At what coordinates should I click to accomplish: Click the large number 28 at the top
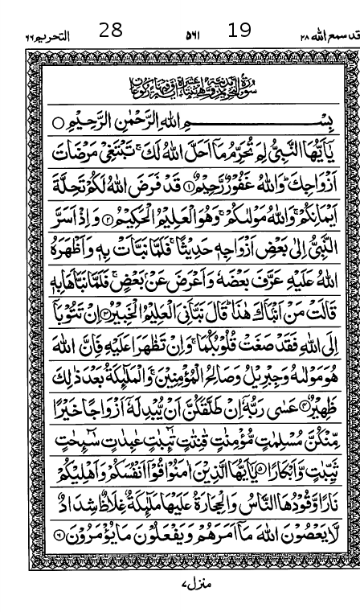110,31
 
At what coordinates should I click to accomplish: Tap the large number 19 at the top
239,31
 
